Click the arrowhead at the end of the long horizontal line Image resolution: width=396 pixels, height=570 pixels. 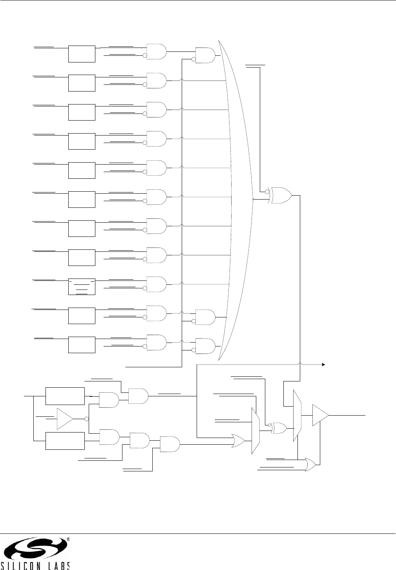[324, 365]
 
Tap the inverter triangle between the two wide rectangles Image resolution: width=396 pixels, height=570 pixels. [65, 418]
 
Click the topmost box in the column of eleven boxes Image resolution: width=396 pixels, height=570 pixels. [82, 54]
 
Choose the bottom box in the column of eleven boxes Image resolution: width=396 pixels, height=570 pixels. [82, 345]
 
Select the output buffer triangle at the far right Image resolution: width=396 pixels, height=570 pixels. [320, 415]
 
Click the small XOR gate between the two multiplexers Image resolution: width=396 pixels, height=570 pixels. [279, 428]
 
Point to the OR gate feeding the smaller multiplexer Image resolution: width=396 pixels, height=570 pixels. [238, 441]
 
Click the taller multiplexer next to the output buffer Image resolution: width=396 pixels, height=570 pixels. [297, 415]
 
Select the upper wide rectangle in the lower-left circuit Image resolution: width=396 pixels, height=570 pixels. [65, 396]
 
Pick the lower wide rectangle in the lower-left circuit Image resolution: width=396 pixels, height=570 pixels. [65, 441]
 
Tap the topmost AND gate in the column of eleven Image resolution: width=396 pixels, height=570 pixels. [156, 51]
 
